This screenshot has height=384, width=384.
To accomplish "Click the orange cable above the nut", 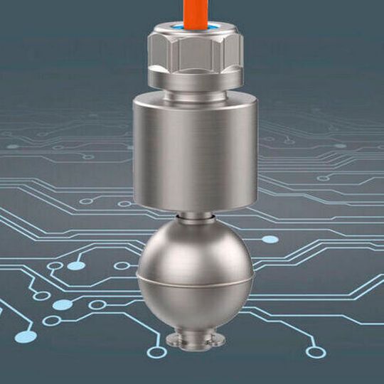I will (x=193, y=11).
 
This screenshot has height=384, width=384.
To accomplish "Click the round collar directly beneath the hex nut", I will (x=194, y=85).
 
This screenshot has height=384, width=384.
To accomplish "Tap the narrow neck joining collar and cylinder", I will (x=194, y=99).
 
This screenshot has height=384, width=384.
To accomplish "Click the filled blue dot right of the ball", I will (x=270, y=240).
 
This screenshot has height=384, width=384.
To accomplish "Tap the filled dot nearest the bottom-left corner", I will (x=26, y=336).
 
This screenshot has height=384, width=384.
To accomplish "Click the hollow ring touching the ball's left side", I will (x=122, y=266).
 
